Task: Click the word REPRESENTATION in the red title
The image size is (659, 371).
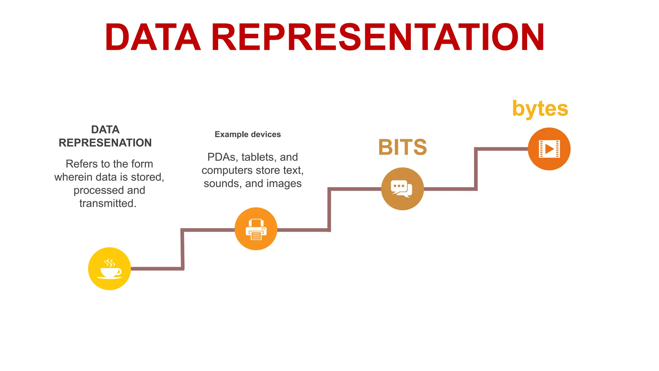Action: click(x=377, y=38)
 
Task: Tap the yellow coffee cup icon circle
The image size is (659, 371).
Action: click(x=109, y=269)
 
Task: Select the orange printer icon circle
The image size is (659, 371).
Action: click(x=256, y=229)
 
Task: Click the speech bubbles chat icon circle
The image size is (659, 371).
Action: click(x=402, y=189)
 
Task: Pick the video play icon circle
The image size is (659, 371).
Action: click(x=549, y=149)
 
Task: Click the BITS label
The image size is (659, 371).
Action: click(x=402, y=147)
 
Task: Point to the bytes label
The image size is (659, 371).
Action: click(x=540, y=109)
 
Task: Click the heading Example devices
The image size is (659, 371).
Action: click(x=247, y=134)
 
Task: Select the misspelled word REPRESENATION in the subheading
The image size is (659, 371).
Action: click(x=105, y=143)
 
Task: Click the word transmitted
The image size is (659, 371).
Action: click(x=108, y=204)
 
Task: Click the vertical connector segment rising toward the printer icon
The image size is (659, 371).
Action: click(x=182, y=249)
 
